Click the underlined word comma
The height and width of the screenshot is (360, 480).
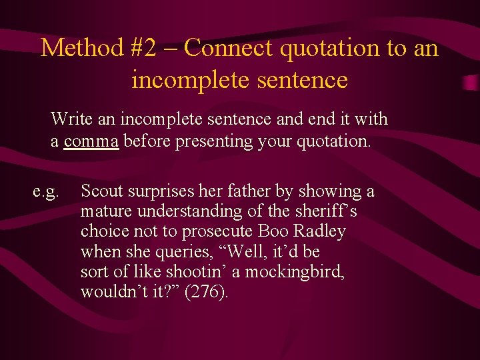[x=91, y=141]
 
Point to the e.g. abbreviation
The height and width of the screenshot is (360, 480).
[x=46, y=192]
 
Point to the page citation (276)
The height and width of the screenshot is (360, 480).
[x=205, y=292]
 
